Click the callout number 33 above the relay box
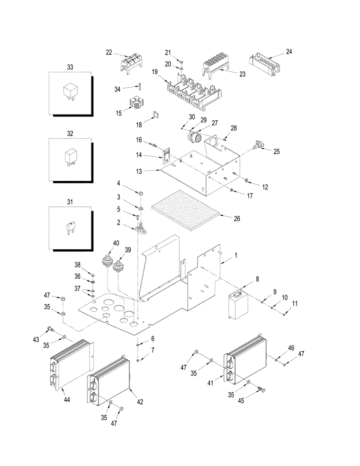pyautogui.click(x=70, y=67)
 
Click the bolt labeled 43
pyautogui.click(x=50, y=330)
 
